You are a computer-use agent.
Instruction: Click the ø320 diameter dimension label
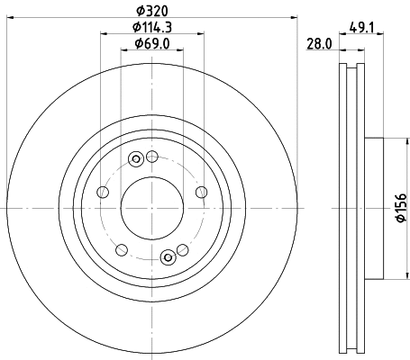151,11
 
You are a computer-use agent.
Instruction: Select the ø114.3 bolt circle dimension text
151,27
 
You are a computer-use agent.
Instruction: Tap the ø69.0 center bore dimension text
151,43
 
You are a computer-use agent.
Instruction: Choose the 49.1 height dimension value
360,27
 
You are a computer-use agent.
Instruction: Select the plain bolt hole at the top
152,157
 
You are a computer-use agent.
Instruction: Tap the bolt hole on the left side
103,193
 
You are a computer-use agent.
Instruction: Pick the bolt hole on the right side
200,192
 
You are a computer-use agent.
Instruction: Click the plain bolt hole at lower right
182,249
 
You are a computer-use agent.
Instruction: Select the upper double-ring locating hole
136,160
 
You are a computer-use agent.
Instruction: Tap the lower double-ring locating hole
168,258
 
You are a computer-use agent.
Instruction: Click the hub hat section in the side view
373,208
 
